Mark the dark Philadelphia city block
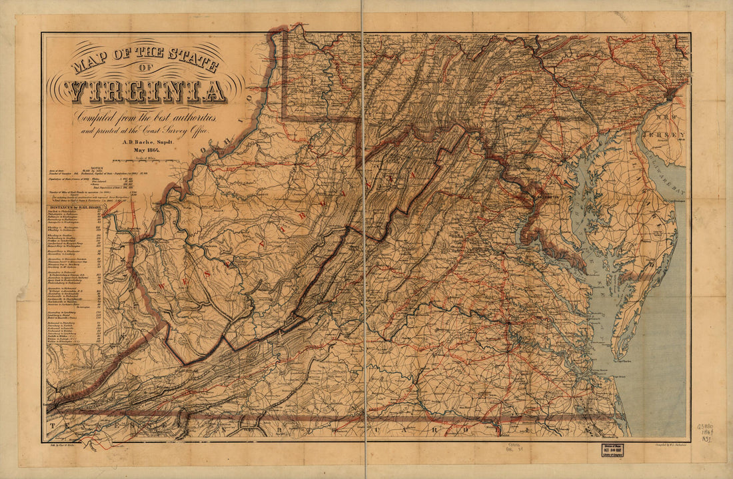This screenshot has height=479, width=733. coord(672,93)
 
